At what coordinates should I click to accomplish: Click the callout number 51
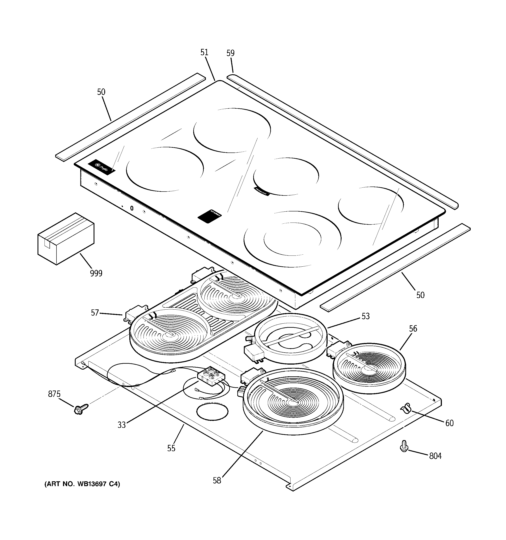(x=204, y=52)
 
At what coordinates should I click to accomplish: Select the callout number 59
(x=230, y=53)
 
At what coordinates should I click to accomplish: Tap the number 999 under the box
(x=96, y=273)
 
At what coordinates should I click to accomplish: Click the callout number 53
(x=366, y=316)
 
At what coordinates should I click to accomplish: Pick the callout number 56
(x=413, y=329)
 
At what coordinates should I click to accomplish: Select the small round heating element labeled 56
(x=369, y=368)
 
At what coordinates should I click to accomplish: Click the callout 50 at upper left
(x=101, y=92)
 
